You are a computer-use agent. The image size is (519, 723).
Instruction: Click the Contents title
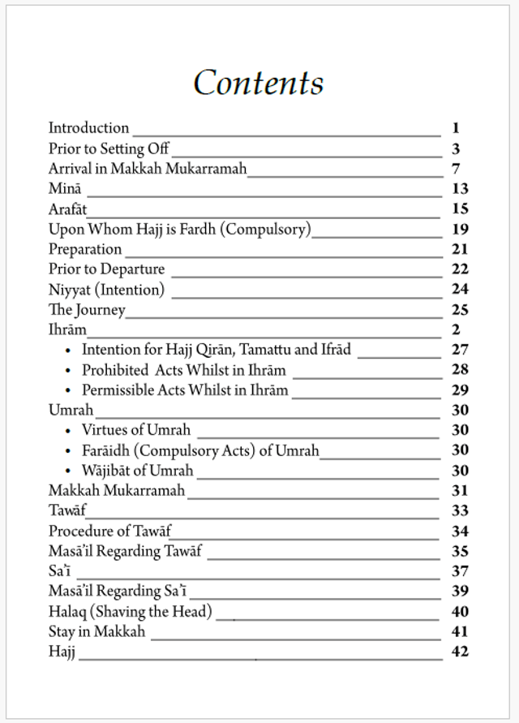pyautogui.click(x=259, y=83)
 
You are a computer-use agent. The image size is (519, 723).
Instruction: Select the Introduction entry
pyautogui.click(x=88, y=128)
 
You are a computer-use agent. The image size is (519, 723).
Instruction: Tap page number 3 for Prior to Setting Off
pyautogui.click(x=457, y=148)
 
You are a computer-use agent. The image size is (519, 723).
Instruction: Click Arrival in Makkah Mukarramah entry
pyautogui.click(x=147, y=169)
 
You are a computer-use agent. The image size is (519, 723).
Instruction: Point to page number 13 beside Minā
pyautogui.click(x=460, y=189)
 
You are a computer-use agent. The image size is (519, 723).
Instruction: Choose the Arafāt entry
pyautogui.click(x=67, y=209)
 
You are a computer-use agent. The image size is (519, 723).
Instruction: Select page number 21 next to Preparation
pyautogui.click(x=460, y=249)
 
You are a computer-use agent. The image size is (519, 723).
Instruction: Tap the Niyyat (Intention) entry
pyautogui.click(x=106, y=289)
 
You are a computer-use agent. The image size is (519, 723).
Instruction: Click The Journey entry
pyautogui.click(x=87, y=309)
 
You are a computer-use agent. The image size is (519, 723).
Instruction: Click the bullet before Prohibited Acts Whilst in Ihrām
pyautogui.click(x=68, y=370)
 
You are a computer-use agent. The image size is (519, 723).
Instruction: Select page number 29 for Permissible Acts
pyautogui.click(x=460, y=389)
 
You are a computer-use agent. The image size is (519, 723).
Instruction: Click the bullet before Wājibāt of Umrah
pyautogui.click(x=68, y=471)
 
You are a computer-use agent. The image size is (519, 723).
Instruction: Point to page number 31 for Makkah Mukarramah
pyautogui.click(x=460, y=490)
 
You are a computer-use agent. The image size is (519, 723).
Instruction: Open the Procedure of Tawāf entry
pyautogui.click(x=109, y=531)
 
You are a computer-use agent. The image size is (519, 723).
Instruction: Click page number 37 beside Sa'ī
pyautogui.click(x=460, y=571)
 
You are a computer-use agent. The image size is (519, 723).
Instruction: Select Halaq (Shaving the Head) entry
pyautogui.click(x=130, y=611)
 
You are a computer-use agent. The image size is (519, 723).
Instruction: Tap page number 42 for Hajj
pyautogui.click(x=460, y=651)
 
